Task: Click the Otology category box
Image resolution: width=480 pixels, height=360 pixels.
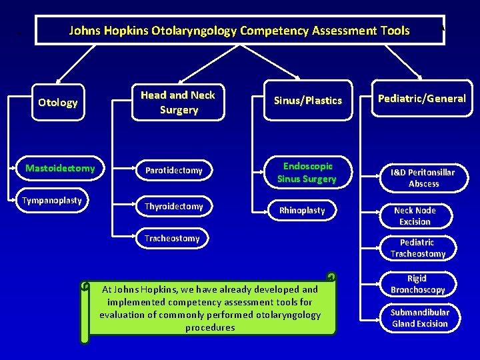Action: [58, 103]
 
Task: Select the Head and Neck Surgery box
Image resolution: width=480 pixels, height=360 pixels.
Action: [178, 103]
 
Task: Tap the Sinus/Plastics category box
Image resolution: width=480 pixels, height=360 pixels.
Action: [308, 101]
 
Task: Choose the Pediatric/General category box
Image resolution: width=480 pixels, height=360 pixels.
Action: [422, 99]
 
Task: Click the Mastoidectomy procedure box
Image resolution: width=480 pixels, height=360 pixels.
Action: [60, 169]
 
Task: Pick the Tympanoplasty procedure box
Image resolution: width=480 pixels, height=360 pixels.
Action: [52, 201]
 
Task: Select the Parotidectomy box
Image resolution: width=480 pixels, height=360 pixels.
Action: [174, 171]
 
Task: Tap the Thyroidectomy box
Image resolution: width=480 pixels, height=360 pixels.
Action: [174, 207]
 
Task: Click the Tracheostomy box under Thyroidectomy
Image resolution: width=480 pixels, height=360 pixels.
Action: [172, 238]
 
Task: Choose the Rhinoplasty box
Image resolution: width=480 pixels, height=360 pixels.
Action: [302, 211]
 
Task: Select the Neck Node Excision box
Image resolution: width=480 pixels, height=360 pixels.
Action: [415, 216]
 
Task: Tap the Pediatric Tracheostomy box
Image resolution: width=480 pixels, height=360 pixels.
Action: [417, 248]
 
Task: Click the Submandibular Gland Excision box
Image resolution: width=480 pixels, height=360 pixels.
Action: [419, 318]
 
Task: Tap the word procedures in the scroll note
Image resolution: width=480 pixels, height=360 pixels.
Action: [210, 327]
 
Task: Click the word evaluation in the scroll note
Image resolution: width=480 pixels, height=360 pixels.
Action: [122, 315]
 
